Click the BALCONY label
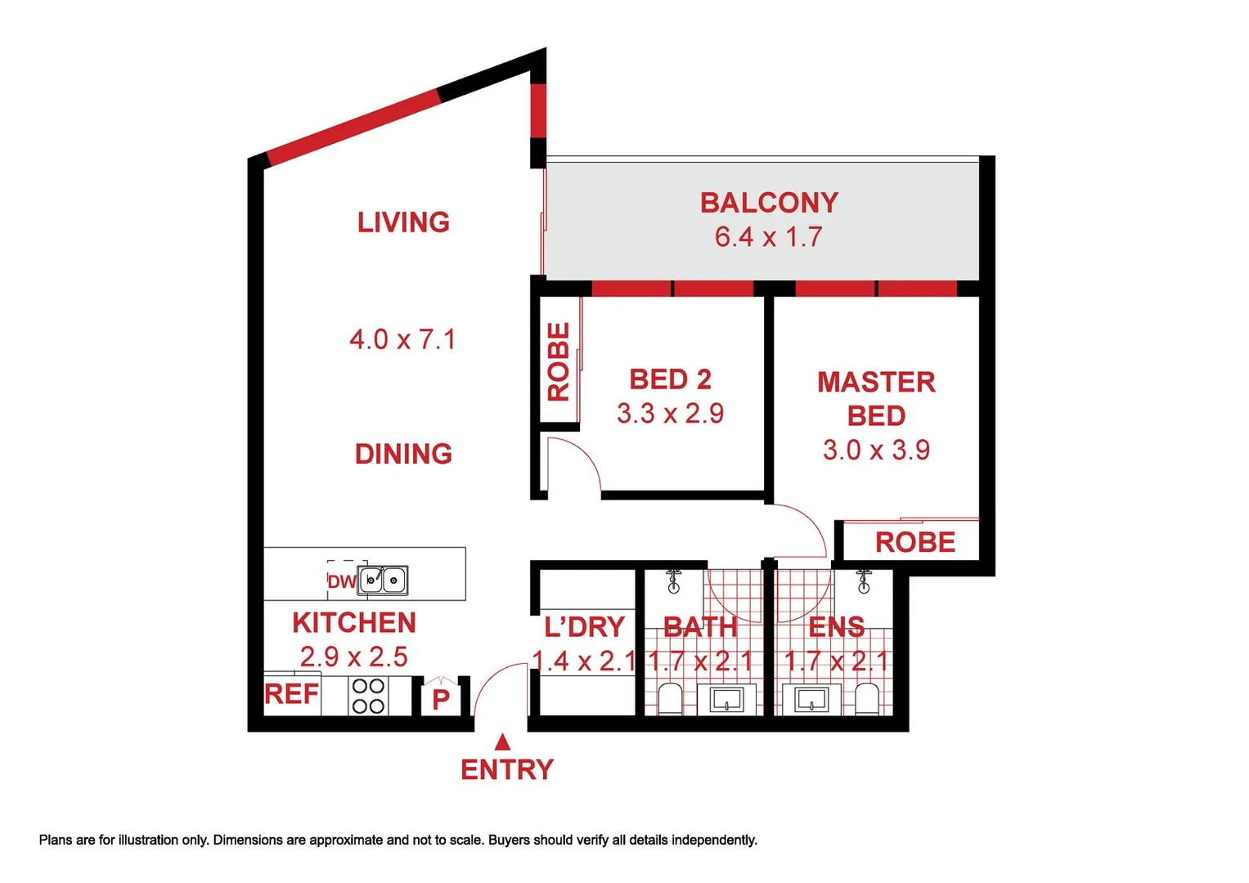coord(769,203)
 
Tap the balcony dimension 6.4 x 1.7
coord(768,237)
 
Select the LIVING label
coord(403,222)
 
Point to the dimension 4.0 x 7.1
coord(402,339)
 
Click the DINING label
coord(403,454)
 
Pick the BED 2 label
coord(670,379)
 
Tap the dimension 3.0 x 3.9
coord(876,450)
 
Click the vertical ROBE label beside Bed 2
coord(558,361)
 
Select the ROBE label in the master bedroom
coord(914,542)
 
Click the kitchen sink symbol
coord(383,580)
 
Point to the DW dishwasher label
coord(341,581)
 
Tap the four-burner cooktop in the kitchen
coord(368,696)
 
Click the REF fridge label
coord(291,694)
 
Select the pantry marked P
coord(441,699)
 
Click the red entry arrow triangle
coord(503,742)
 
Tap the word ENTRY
coord(507,769)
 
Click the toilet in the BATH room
coord(670,700)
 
